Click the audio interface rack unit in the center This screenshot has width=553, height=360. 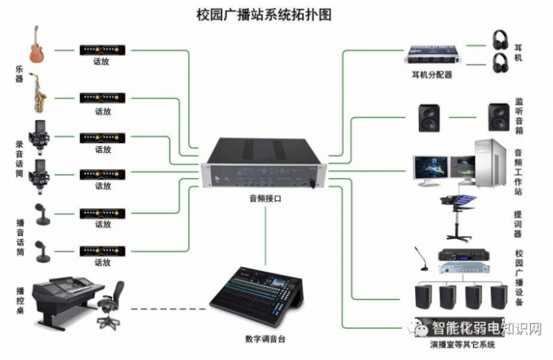tap(264, 164)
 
